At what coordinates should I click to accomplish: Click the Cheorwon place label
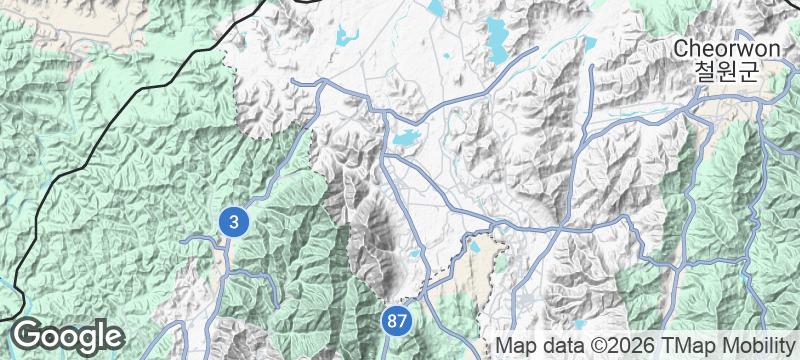717,48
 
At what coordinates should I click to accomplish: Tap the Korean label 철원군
717,71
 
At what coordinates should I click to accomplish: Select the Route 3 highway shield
233,222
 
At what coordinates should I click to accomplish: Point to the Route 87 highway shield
397,321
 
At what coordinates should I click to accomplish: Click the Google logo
67,336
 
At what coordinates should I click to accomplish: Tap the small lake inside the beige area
475,245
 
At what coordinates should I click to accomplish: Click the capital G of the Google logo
27,335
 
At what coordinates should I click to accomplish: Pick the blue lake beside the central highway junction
405,140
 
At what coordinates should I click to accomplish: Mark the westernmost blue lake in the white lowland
347,38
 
